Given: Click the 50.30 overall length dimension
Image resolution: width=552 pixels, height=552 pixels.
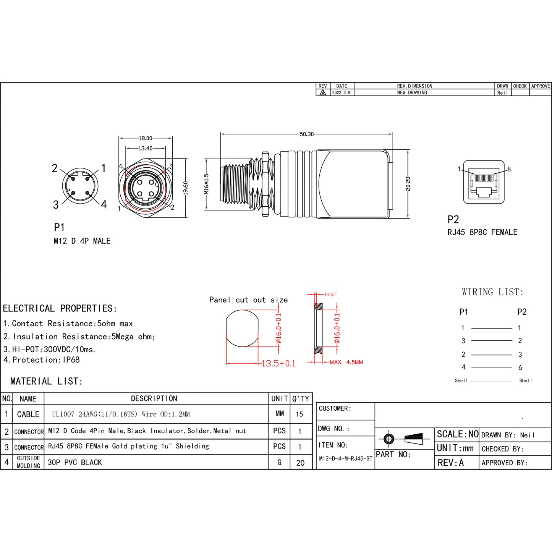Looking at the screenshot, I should (306, 134).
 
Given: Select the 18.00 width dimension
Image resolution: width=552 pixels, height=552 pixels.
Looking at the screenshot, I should (145, 138).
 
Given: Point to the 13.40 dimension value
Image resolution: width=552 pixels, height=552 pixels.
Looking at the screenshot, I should (145, 148).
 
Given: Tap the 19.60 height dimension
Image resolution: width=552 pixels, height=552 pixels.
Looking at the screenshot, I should (186, 188).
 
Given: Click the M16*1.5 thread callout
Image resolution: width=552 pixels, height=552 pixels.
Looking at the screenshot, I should (206, 184).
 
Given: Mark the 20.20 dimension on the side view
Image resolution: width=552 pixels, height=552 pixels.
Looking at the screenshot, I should (408, 184).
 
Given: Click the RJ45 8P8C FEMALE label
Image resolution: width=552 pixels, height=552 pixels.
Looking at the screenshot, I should (482, 232).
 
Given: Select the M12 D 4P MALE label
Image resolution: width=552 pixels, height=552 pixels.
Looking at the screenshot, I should (82, 241).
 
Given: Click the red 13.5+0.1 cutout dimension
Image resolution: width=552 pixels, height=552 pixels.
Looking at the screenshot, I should (278, 363).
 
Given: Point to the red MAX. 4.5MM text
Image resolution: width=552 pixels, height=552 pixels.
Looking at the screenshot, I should (346, 362).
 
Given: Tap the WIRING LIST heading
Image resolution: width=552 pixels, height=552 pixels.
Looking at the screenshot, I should (492, 292).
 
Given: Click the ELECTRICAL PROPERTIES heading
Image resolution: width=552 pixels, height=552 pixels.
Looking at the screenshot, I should (60, 308).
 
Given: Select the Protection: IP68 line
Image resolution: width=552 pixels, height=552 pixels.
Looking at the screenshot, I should (42, 360).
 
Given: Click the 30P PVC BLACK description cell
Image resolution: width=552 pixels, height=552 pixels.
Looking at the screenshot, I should (75, 463).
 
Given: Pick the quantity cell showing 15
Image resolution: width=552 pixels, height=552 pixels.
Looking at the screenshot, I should (299, 414).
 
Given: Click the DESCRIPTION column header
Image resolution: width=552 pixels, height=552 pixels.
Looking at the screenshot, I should (154, 398).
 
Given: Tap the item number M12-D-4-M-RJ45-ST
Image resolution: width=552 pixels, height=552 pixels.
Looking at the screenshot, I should (345, 458).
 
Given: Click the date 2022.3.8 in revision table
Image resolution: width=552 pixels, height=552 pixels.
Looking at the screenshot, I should (341, 93).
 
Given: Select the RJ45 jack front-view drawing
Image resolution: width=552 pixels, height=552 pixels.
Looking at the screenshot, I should (484, 182).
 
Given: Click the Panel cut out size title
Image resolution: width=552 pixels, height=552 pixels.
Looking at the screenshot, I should (248, 300).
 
